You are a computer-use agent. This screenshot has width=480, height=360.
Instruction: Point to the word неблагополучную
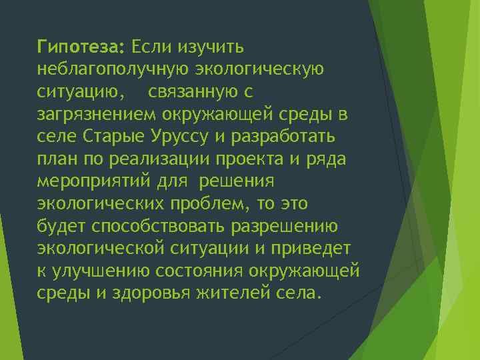[x=115, y=69]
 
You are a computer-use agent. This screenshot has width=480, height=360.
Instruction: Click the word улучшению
[x=107, y=271]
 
